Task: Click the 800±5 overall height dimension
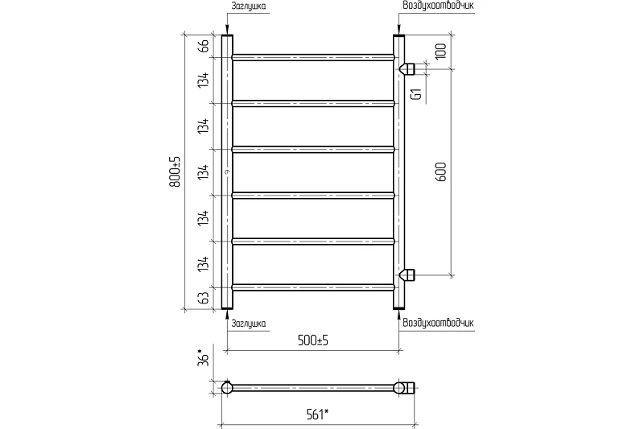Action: [x=175, y=171]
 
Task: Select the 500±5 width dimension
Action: [x=313, y=340]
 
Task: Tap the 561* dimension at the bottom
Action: [x=318, y=415]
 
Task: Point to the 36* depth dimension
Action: [x=204, y=357]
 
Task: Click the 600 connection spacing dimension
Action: [x=440, y=171]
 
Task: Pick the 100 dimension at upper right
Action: [x=440, y=51]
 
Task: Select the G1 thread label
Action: [x=416, y=94]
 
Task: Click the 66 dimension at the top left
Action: [x=204, y=45]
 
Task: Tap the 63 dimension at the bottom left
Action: [x=204, y=298]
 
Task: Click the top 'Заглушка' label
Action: [x=248, y=6]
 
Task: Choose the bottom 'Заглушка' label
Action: [x=248, y=324]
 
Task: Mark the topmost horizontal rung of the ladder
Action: [x=313, y=57]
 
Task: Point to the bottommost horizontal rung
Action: [x=313, y=287]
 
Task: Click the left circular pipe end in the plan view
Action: [x=227, y=387]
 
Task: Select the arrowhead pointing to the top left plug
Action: [x=227, y=30]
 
